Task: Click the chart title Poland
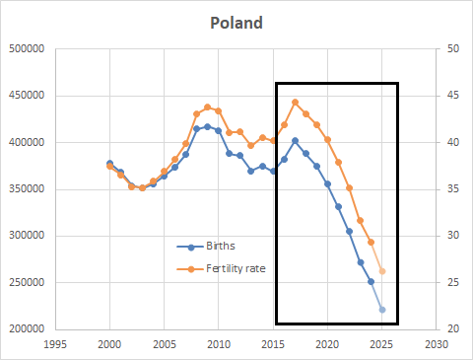click(236, 23)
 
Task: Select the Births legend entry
click(222, 247)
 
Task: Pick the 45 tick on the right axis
click(452, 96)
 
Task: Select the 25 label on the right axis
click(452, 283)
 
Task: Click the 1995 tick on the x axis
click(55, 344)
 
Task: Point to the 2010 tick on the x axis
click(219, 344)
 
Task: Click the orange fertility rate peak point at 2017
click(295, 102)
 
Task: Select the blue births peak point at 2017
click(295, 141)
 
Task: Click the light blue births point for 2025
click(382, 310)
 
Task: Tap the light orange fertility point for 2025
click(382, 271)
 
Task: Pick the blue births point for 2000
click(109, 163)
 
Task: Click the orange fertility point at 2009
click(208, 107)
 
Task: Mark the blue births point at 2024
click(372, 281)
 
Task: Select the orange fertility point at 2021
click(339, 162)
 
